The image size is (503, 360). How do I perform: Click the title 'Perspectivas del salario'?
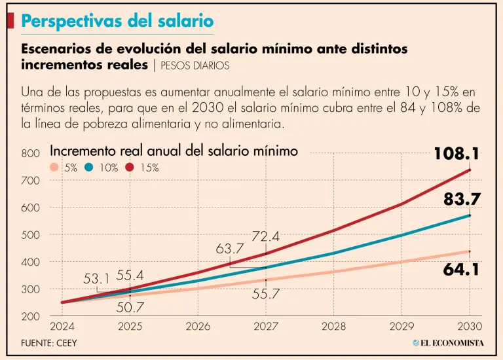tap(117, 21)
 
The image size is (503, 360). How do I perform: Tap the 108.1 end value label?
tap(456, 154)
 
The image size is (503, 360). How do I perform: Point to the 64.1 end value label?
tap(462, 269)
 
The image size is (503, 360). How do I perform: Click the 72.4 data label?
tap(267, 236)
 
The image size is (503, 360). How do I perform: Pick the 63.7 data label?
tap(230, 249)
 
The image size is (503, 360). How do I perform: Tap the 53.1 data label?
tap(97, 279)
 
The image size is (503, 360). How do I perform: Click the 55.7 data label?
tap(266, 295)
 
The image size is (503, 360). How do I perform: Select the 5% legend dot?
tap(55, 168)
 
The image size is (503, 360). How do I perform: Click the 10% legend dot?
tap(90, 168)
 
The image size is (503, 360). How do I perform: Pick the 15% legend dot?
tap(130, 168)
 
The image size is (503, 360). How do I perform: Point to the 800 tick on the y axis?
tap(30, 154)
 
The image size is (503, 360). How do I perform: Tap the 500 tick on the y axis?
tap(30, 235)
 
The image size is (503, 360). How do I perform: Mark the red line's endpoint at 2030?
tap(470, 170)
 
